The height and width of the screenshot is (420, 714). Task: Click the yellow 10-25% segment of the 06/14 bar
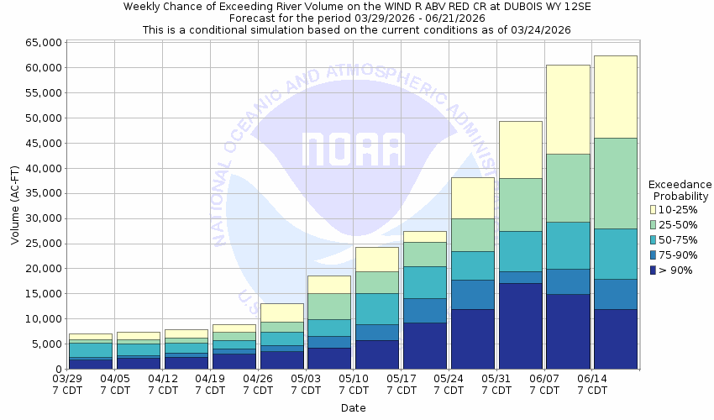click(x=615, y=97)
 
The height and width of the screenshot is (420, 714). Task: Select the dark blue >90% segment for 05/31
click(x=520, y=326)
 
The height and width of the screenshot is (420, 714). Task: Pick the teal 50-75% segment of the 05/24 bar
click(x=472, y=265)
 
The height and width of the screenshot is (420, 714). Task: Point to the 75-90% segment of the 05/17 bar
click(x=424, y=311)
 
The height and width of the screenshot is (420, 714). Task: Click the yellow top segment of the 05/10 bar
click(x=376, y=259)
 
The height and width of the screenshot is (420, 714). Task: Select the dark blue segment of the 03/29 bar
click(x=90, y=364)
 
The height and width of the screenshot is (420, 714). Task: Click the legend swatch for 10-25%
click(x=653, y=209)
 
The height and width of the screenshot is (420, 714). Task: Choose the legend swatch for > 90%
click(x=653, y=270)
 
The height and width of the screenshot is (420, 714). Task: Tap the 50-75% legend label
click(x=679, y=239)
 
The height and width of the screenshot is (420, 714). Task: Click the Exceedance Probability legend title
click(x=680, y=190)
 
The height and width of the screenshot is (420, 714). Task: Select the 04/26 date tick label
click(x=259, y=384)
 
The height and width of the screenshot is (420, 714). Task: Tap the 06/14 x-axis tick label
click(x=592, y=384)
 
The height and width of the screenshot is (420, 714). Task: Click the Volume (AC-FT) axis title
click(x=15, y=205)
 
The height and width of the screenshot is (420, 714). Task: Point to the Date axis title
click(x=353, y=408)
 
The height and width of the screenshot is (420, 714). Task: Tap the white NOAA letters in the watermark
click(x=353, y=150)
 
